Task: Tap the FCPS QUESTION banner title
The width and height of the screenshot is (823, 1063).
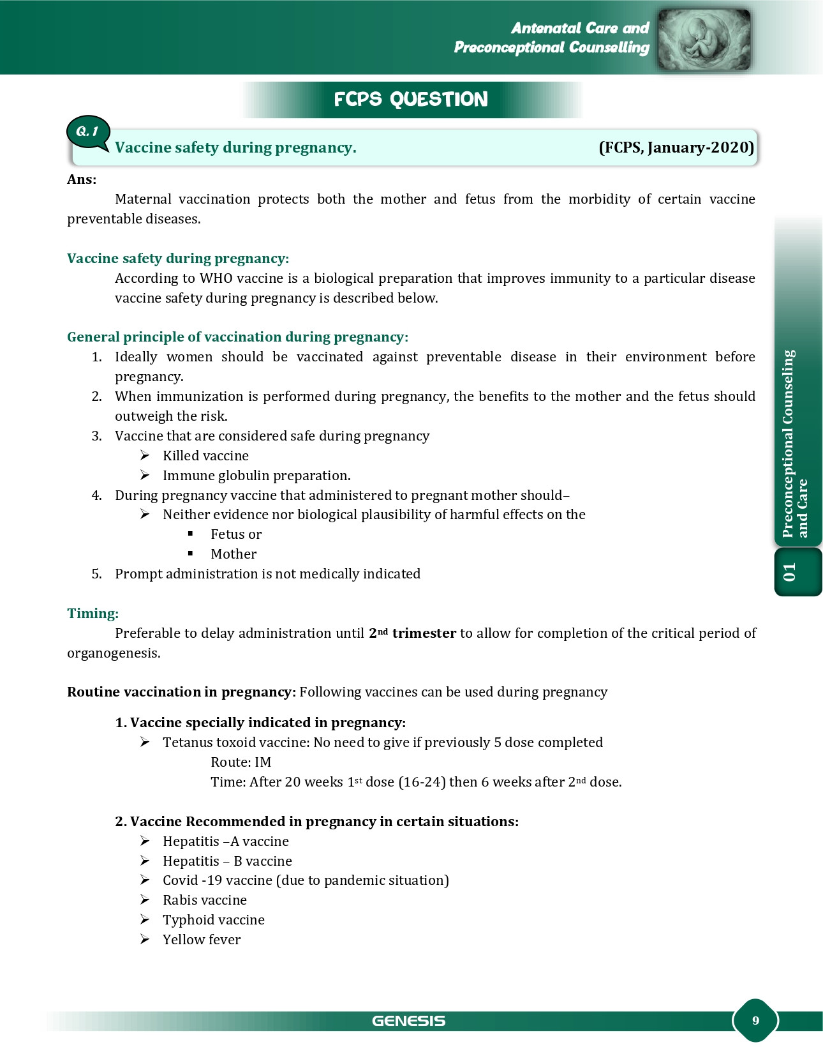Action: tap(411, 100)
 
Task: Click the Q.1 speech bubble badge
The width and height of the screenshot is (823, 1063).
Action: tap(88, 132)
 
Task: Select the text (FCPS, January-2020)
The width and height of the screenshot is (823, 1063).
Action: tap(676, 147)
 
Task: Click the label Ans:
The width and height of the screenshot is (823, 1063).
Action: tap(82, 179)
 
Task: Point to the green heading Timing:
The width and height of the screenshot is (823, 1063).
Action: tap(93, 614)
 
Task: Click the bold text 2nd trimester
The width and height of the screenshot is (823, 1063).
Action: tap(412, 633)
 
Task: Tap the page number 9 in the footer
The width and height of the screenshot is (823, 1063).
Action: tap(755, 1020)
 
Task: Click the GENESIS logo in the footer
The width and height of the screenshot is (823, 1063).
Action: tap(409, 1021)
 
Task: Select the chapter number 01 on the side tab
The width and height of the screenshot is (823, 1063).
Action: tap(790, 572)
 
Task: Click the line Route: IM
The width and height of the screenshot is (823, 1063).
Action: tap(241, 762)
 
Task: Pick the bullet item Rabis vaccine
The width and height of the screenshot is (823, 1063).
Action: tap(204, 900)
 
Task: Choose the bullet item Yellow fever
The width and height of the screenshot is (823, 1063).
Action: tap(202, 940)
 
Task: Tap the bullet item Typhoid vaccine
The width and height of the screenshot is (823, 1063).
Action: tap(213, 920)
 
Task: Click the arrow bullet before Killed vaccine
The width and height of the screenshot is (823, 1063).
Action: tap(145, 455)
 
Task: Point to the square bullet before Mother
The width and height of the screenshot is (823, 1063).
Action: tap(190, 554)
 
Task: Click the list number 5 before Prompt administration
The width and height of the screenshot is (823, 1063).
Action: tap(96, 574)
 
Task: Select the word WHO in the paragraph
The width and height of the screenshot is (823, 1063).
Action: tap(216, 278)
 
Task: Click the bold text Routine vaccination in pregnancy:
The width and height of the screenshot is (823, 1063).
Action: tap(181, 692)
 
